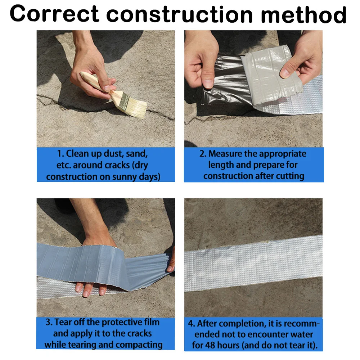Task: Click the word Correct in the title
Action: click(54, 14)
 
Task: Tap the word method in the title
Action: click(303, 14)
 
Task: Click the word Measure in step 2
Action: click(225, 154)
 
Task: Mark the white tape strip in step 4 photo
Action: click(253, 264)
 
